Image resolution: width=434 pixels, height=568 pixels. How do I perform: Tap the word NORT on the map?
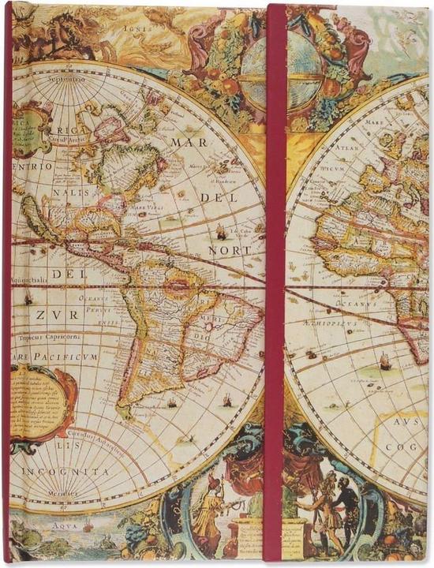pyautogui.click(x=230, y=250)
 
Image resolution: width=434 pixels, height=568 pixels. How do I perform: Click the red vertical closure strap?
pyautogui.click(x=275, y=284)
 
